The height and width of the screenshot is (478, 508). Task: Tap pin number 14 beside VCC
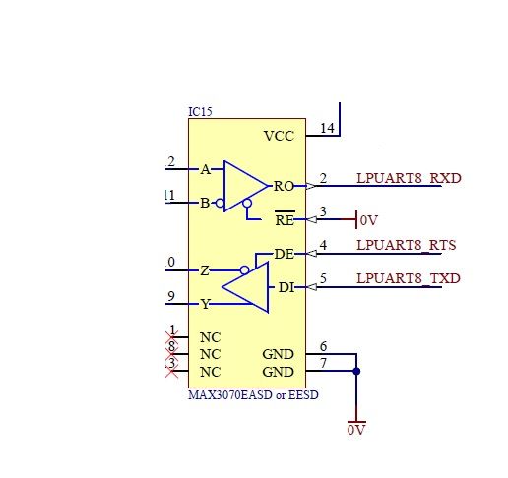327,128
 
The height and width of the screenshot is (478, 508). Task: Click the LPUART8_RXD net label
409,179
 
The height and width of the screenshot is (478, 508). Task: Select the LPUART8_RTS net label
407,245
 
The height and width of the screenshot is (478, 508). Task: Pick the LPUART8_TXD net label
409,279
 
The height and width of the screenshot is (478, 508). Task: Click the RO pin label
284,186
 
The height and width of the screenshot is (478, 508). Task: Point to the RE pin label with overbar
284,219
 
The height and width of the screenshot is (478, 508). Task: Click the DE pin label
284,254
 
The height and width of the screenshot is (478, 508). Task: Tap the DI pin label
286,287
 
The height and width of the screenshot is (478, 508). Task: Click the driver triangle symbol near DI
246,287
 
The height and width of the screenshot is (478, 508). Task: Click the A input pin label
205,169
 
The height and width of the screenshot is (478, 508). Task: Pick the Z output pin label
204,270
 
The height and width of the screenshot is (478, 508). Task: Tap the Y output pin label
205,304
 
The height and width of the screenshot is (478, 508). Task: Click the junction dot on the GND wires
356,371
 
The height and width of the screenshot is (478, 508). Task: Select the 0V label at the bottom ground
355,431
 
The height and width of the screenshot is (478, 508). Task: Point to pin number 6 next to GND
323,347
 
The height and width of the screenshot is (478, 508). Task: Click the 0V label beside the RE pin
369,220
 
